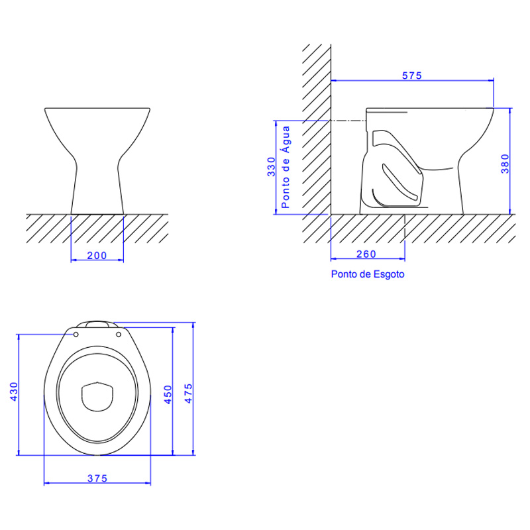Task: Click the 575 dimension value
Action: pos(411,76)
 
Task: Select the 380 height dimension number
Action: pos(505,164)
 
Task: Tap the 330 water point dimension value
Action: pos(272,167)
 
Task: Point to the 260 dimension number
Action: pos(366,254)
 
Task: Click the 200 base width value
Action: pos(97,256)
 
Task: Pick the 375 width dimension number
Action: pos(97,478)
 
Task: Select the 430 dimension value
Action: pos(13,392)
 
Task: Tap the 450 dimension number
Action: pos(168,394)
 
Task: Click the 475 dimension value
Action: pos(188,394)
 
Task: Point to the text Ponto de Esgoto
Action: pos(368,274)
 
